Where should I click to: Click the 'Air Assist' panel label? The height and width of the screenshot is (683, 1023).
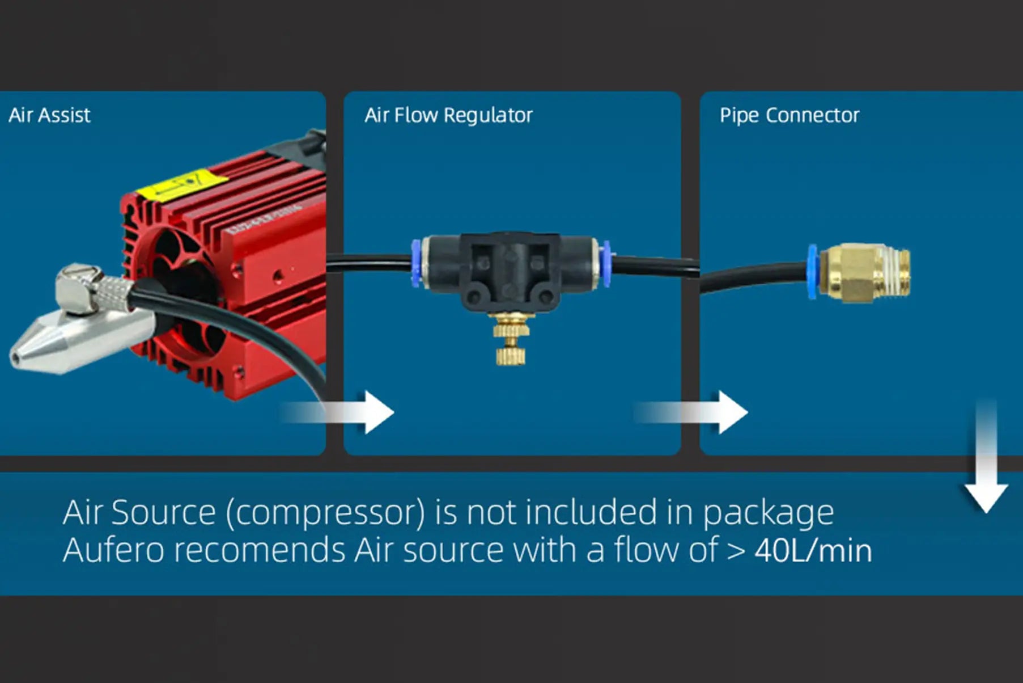[x=49, y=115]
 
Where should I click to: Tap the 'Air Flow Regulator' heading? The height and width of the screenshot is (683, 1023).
[x=448, y=115]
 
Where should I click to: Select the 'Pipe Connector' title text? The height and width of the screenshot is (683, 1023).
[x=789, y=115]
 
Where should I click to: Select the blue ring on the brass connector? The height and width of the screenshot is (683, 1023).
[x=812, y=272]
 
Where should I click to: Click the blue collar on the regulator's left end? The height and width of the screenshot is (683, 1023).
[x=416, y=263]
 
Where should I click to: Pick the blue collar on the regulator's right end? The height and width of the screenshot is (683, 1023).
[x=606, y=264]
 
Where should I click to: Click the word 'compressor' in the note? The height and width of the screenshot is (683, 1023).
[x=325, y=513]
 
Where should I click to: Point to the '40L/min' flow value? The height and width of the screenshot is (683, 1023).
[x=813, y=550]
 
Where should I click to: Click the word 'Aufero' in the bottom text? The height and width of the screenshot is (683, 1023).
[x=113, y=550]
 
